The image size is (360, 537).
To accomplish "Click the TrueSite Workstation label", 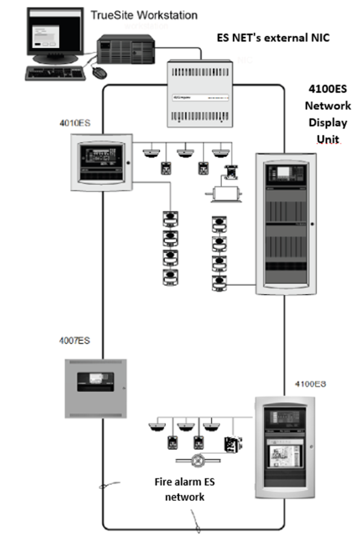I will click(x=144, y=15).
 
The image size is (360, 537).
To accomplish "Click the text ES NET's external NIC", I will click(x=273, y=38).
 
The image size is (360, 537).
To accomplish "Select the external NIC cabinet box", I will click(x=200, y=93).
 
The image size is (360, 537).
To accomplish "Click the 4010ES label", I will click(x=75, y=124).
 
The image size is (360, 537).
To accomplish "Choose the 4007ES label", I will click(x=75, y=341).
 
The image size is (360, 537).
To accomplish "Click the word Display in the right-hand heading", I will click(x=328, y=122).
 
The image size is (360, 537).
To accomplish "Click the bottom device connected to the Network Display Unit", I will click(x=218, y=284).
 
